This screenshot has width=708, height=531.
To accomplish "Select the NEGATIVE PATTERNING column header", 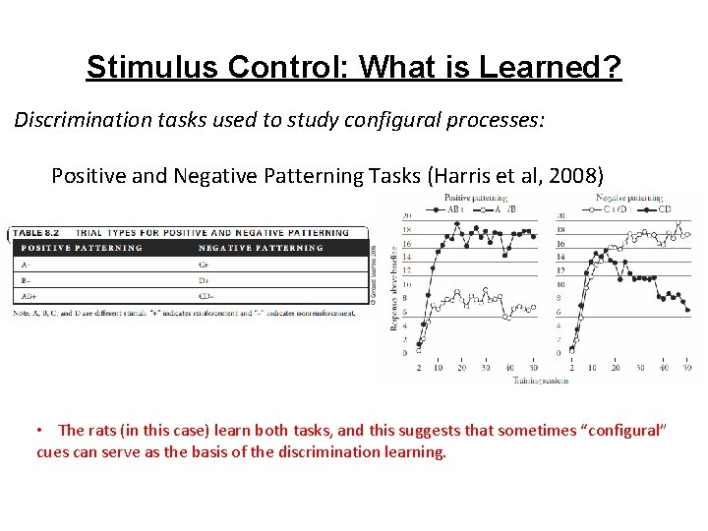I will point(260,248).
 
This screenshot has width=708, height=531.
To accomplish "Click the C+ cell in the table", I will point(204,263).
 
